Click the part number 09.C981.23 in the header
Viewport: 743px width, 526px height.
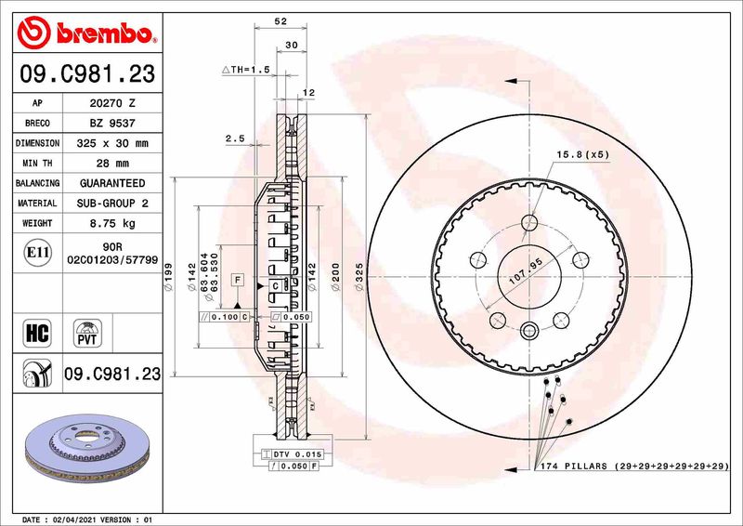[86, 72]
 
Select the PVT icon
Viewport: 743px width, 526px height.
[87, 332]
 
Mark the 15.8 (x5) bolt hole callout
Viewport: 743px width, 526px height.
[581, 154]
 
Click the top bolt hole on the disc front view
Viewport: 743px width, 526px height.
[529, 221]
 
